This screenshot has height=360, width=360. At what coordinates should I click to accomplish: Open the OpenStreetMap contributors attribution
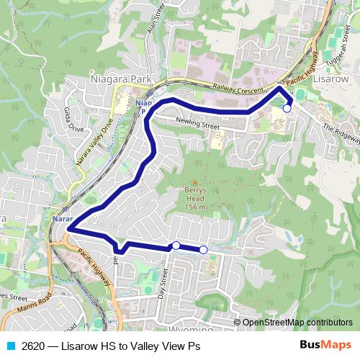coord(297,323)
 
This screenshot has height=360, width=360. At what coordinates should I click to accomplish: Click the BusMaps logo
coord(325,345)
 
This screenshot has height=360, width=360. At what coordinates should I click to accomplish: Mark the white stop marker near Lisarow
coord(287,108)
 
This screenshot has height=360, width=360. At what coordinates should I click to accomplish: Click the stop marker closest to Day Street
coord(176,246)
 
